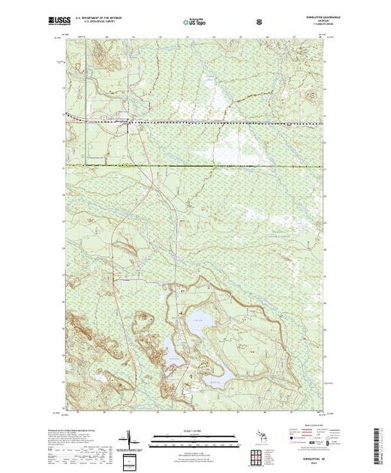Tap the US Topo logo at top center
click(x=194, y=23)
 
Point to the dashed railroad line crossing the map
click(x=225, y=121)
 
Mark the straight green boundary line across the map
click(x=225, y=164)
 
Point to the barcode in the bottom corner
click(x=379, y=447)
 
